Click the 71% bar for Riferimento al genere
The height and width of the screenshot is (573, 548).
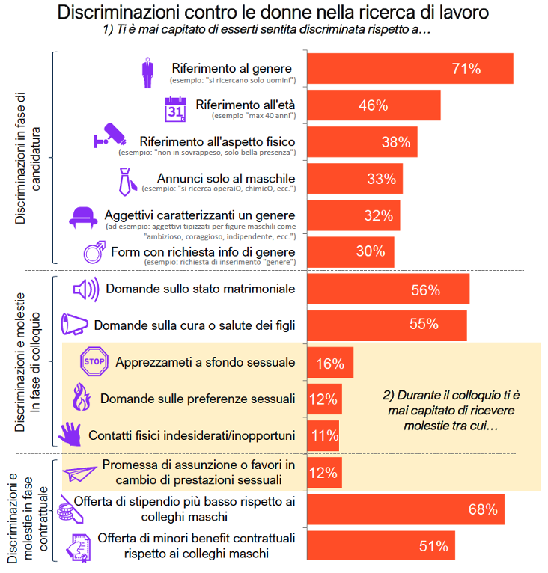click(410, 69)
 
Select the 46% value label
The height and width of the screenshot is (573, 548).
click(373, 105)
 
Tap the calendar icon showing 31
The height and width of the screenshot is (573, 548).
click(174, 109)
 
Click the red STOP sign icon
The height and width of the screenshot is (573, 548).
click(94, 362)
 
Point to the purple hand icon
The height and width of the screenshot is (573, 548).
click(70, 435)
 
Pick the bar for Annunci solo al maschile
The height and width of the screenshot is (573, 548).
click(355, 179)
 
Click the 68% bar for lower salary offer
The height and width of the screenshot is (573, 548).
click(405, 509)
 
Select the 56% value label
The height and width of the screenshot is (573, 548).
click(425, 289)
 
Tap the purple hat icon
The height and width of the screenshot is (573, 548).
click(84, 216)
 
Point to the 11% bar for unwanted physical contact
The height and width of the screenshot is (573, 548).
click(323, 435)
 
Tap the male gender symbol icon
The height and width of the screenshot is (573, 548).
click(94, 251)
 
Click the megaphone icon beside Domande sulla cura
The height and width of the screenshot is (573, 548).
click(75, 324)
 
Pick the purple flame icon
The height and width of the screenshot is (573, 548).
click(80, 399)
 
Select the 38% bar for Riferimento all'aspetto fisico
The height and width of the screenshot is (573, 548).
click(362, 142)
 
